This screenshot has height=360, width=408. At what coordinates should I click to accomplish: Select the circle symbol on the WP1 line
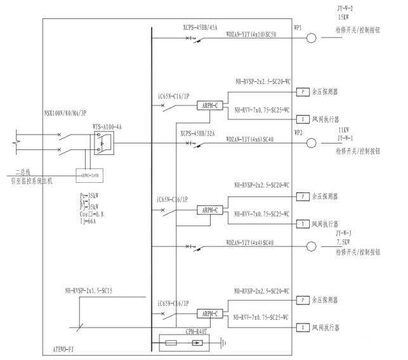pos(311,37)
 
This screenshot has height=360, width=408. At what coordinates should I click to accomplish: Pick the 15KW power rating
pos(346,18)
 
